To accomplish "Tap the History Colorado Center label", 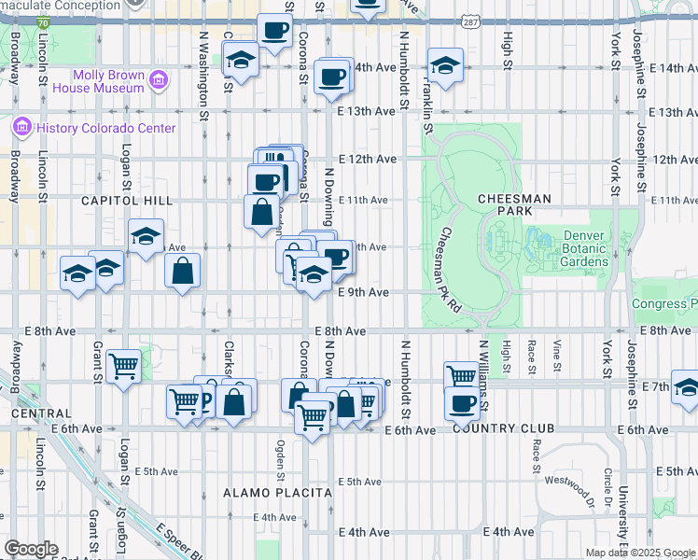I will click(103, 128).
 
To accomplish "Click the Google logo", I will click(31, 549).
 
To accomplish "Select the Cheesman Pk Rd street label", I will click(452, 270).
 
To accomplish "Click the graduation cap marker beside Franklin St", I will click(445, 66).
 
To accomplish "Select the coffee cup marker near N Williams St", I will click(461, 402).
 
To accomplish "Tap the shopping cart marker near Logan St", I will click(123, 366).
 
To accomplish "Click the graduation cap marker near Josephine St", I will click(686, 387).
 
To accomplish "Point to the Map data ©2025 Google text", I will click(641, 553).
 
